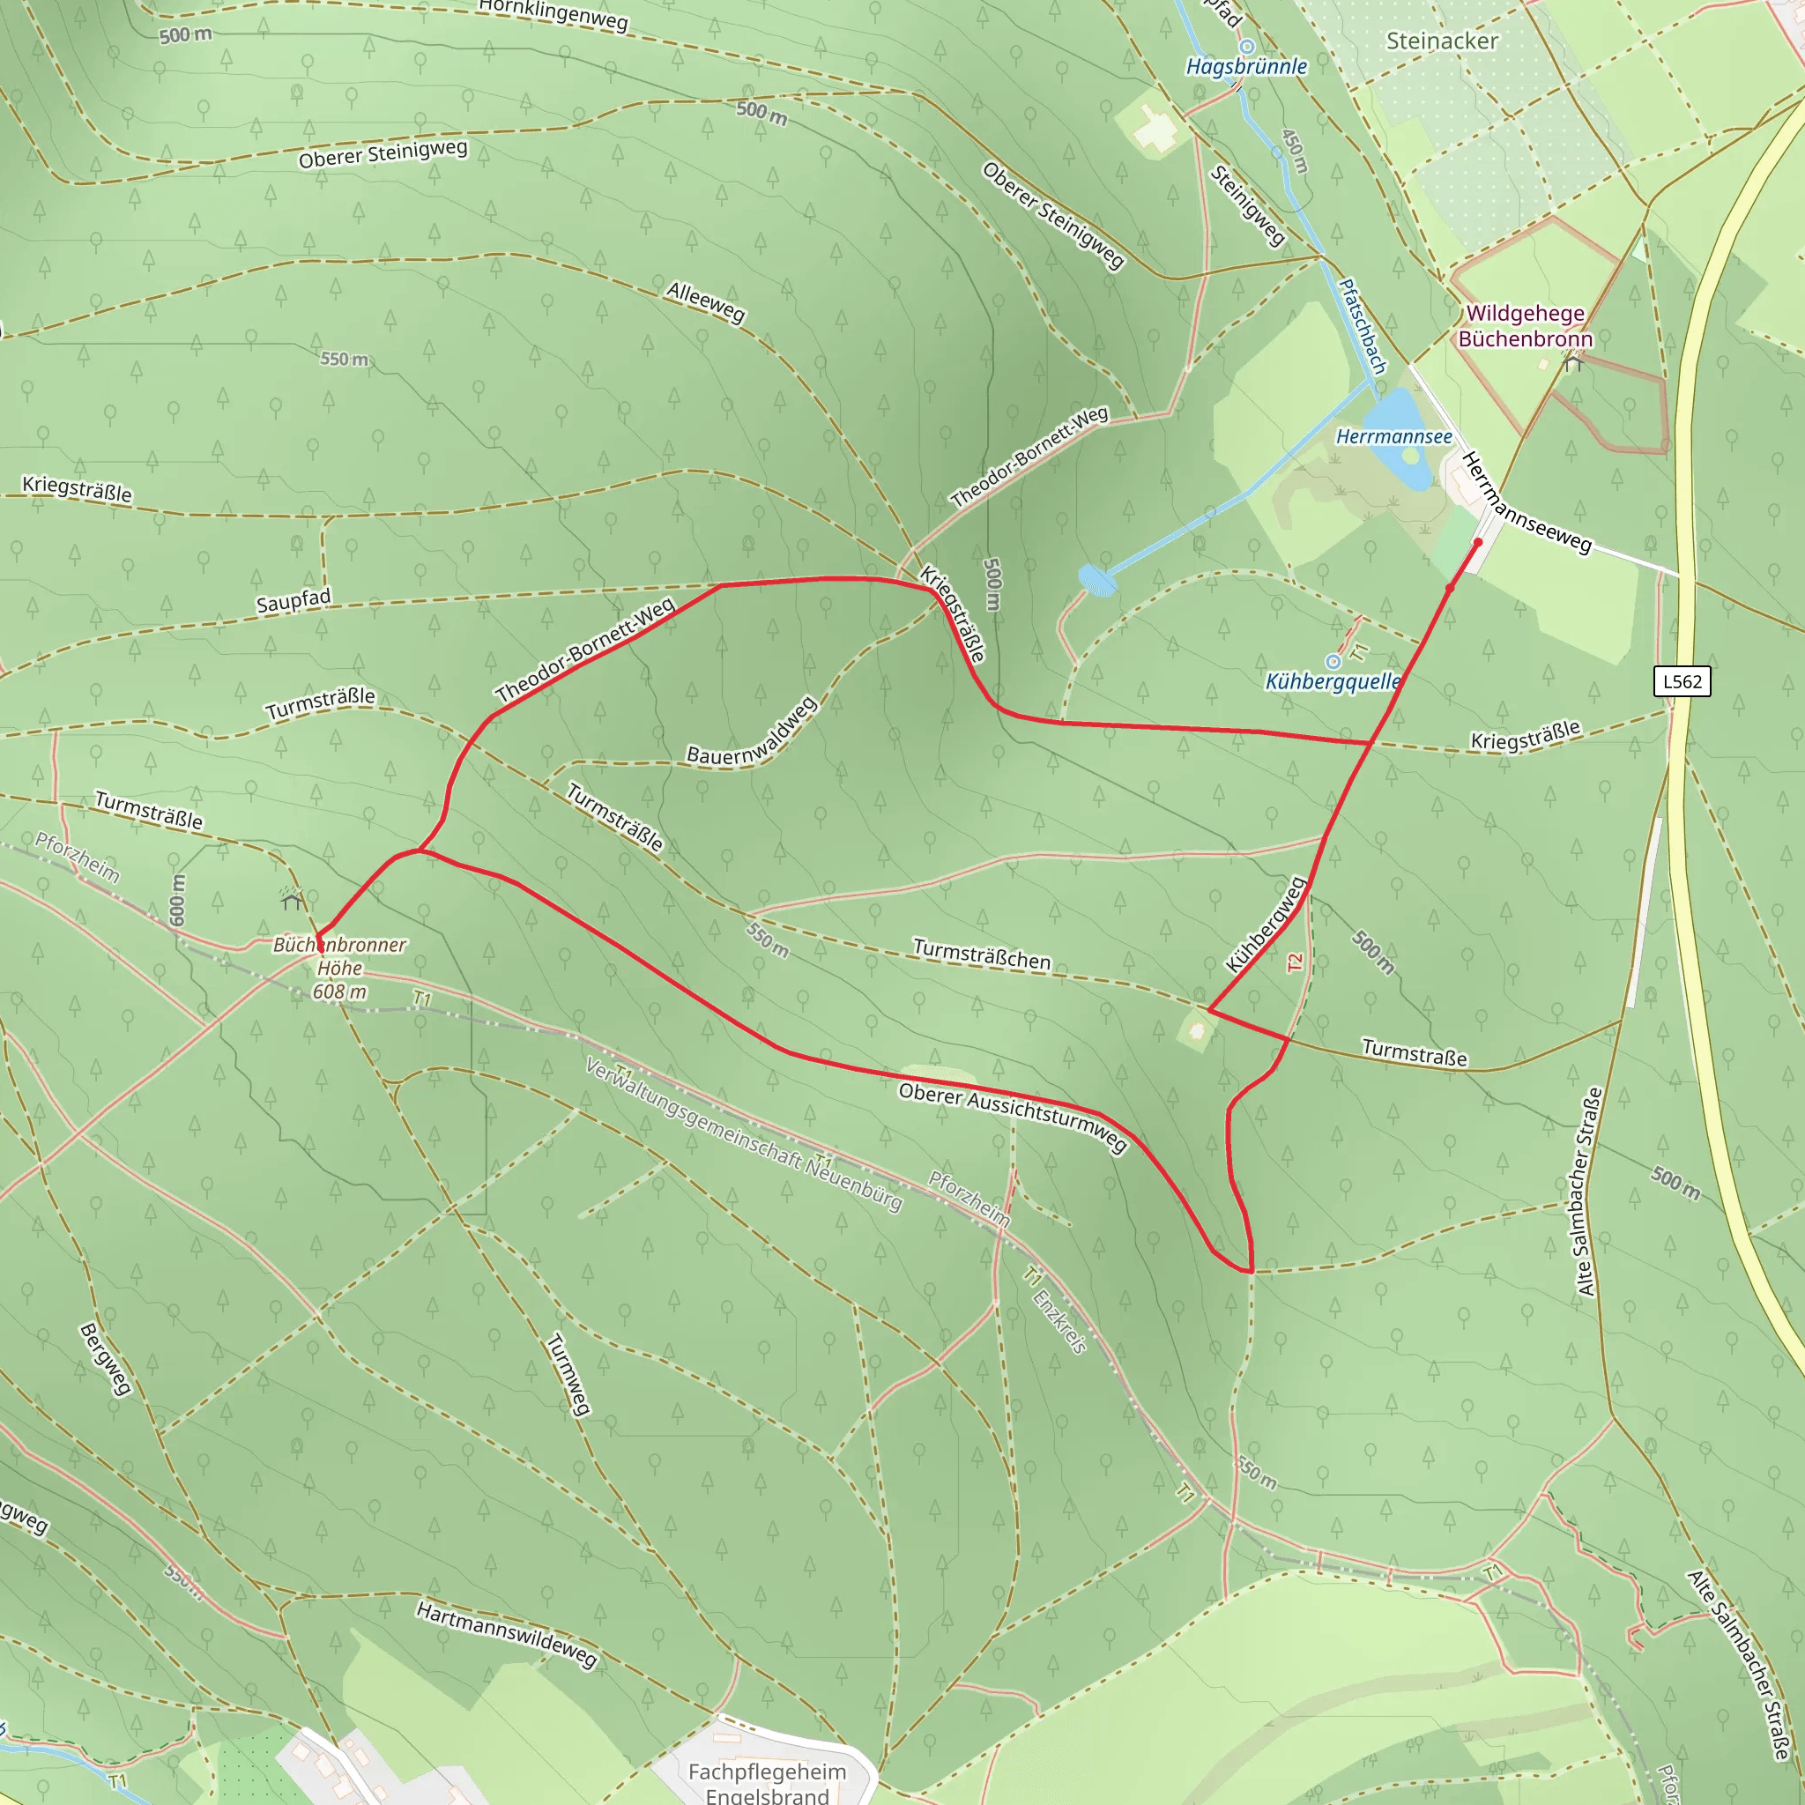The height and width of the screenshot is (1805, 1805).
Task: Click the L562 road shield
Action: (1682, 681)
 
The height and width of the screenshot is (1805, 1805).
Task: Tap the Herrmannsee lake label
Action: (1394, 437)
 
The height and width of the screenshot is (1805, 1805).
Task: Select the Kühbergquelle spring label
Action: (1333, 682)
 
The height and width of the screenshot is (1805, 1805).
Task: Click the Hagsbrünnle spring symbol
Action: (1246, 46)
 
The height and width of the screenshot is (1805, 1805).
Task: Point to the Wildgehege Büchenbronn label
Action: (1525, 326)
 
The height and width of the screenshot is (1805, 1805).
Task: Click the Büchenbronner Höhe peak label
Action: (339, 968)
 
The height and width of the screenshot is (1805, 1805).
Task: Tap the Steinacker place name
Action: (1442, 41)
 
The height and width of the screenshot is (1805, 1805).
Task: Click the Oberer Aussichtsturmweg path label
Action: (1013, 1117)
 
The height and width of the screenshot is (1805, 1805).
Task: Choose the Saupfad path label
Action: (293, 602)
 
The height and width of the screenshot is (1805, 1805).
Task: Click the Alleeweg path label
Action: (705, 302)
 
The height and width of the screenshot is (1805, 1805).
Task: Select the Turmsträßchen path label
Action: (981, 954)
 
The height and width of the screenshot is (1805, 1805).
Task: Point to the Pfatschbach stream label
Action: (1363, 326)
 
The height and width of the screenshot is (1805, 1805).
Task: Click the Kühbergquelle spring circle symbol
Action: (1333, 662)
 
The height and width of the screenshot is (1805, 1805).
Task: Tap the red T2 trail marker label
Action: (1294, 962)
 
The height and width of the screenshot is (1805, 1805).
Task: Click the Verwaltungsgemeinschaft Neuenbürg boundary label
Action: (744, 1134)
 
